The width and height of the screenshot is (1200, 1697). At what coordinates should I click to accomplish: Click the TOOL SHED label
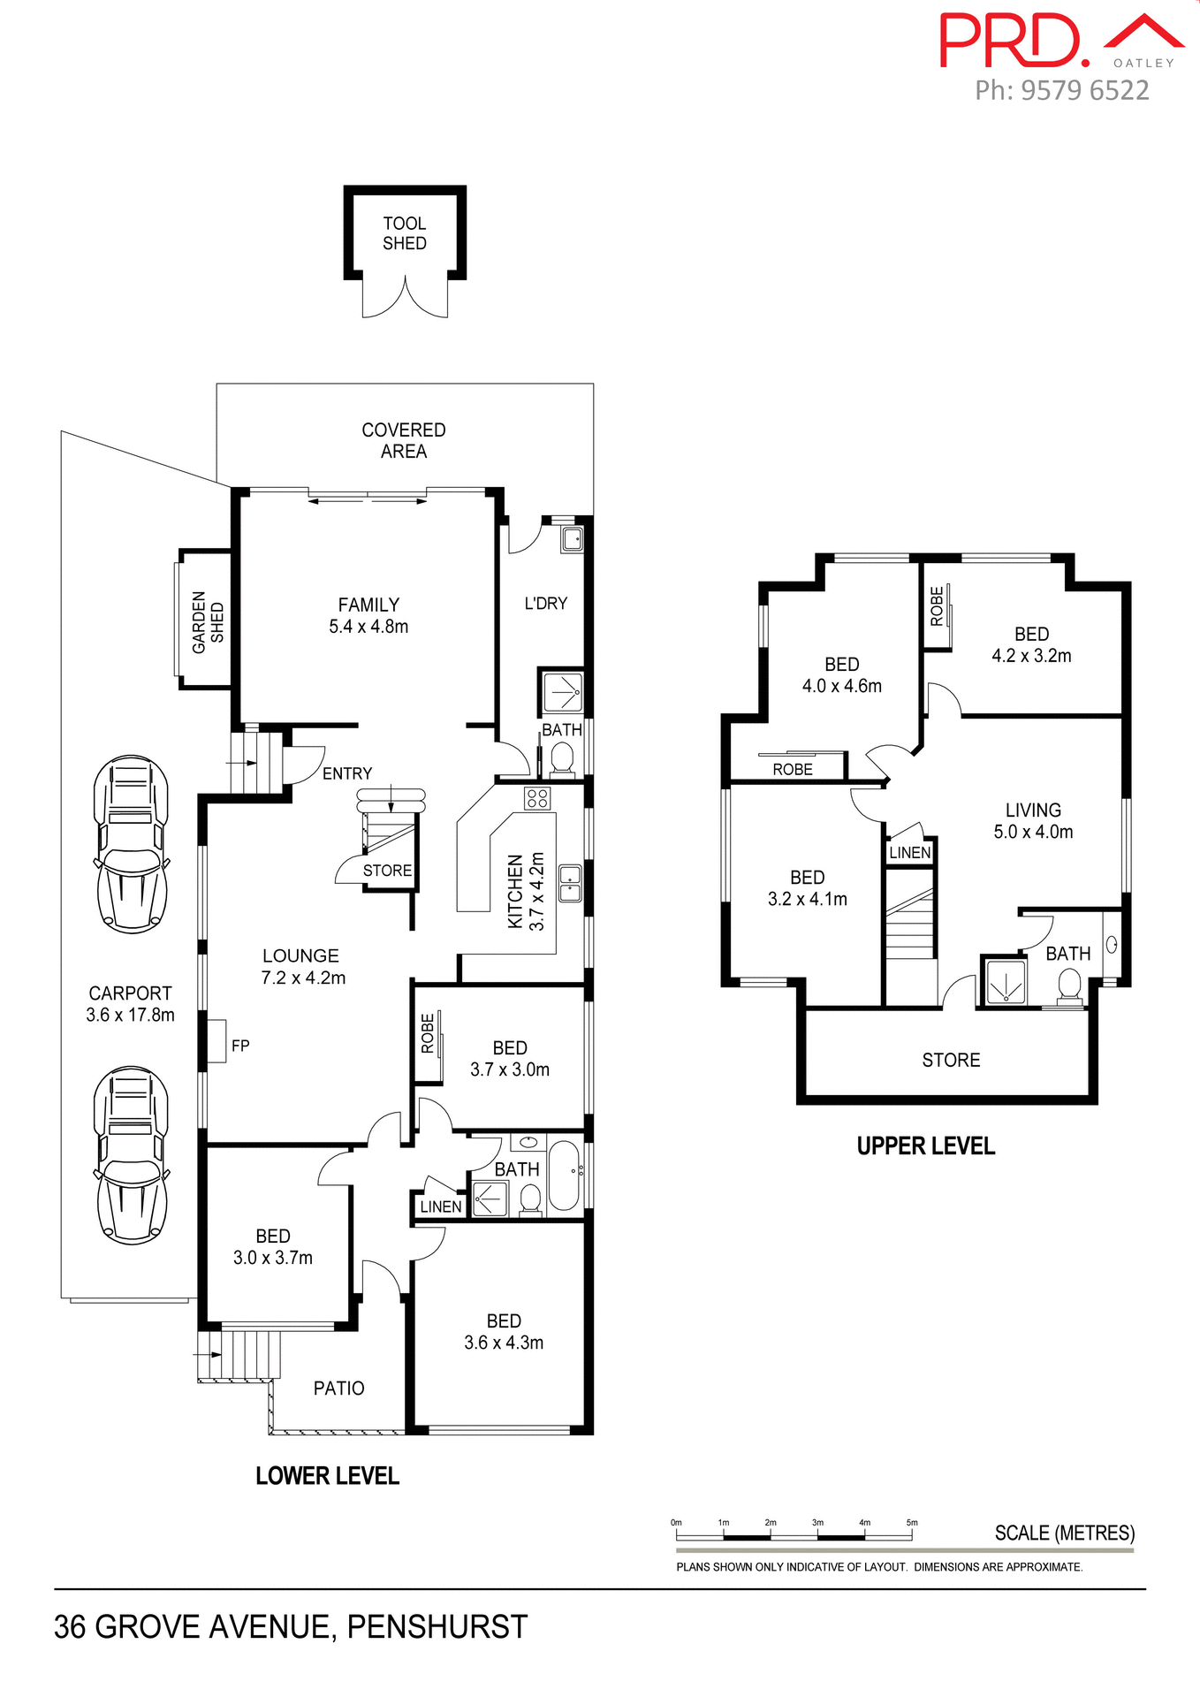point(404,233)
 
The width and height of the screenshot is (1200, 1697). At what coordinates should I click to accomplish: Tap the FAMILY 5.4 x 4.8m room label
point(368,615)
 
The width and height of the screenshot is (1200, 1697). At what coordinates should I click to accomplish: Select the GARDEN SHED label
point(209,622)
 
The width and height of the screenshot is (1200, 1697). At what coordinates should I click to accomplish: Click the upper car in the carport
point(132,844)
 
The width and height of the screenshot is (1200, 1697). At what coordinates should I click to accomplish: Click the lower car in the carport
point(132,1155)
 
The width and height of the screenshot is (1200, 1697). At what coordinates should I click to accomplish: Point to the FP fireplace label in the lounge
point(240,1046)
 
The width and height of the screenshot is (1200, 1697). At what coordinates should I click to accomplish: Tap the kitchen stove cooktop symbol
point(537,798)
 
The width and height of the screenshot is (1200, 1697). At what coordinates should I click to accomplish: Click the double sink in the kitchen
point(571,883)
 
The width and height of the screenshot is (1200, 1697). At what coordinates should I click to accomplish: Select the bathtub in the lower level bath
point(564,1176)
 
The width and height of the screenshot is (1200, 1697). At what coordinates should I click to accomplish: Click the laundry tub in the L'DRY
point(573,538)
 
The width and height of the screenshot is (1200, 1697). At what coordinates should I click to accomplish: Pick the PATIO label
point(338,1388)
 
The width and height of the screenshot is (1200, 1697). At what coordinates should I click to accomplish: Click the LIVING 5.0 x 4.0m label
point(1032,820)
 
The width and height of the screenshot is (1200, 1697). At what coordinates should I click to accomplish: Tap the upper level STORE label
point(951,1060)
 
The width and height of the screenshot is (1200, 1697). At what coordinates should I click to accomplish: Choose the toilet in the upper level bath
point(1070,985)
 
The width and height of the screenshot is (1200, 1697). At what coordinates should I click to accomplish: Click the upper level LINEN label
point(910,852)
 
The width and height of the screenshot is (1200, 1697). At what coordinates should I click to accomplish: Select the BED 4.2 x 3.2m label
point(1031,644)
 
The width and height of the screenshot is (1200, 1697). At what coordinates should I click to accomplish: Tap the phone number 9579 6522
point(1084,90)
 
